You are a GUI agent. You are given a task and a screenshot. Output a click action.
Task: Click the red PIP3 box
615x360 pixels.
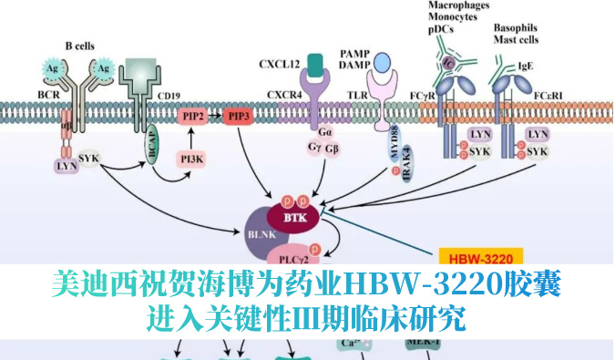coord(239,118)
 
